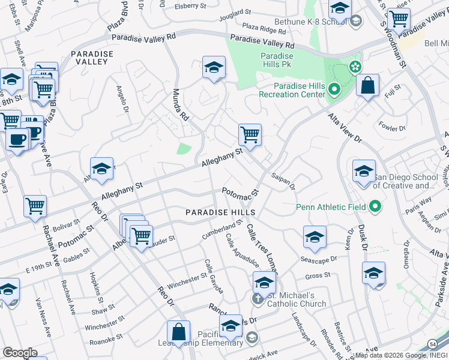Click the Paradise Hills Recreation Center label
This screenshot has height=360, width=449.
(x=292, y=90)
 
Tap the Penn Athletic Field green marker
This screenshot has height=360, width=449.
(x=376, y=208)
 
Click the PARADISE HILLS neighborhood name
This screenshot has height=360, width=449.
(x=220, y=212)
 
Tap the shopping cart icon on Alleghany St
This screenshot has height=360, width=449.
(x=249, y=134)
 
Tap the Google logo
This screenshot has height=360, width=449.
(x=20, y=352)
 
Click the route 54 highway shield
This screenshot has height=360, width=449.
(x=432, y=343)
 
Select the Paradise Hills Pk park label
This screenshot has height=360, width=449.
(x=277, y=60)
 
